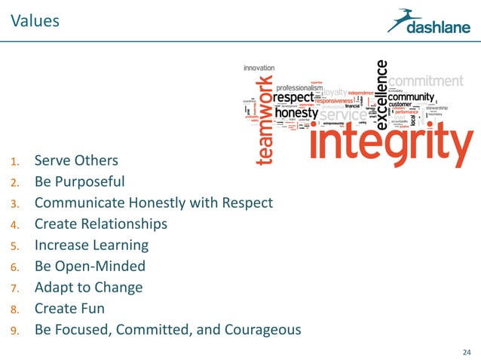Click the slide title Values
click(x=35, y=20)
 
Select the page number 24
click(x=464, y=350)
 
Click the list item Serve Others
click(x=75, y=160)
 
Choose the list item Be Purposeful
click(x=79, y=182)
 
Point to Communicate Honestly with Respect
click(x=153, y=203)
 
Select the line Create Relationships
click(x=100, y=224)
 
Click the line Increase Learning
click(x=91, y=245)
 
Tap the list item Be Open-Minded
click(x=90, y=266)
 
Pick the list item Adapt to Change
click(x=88, y=287)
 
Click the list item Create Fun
click(x=69, y=308)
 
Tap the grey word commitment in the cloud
click(x=426, y=80)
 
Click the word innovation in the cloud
click(x=259, y=67)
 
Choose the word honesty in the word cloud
click(x=296, y=113)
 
